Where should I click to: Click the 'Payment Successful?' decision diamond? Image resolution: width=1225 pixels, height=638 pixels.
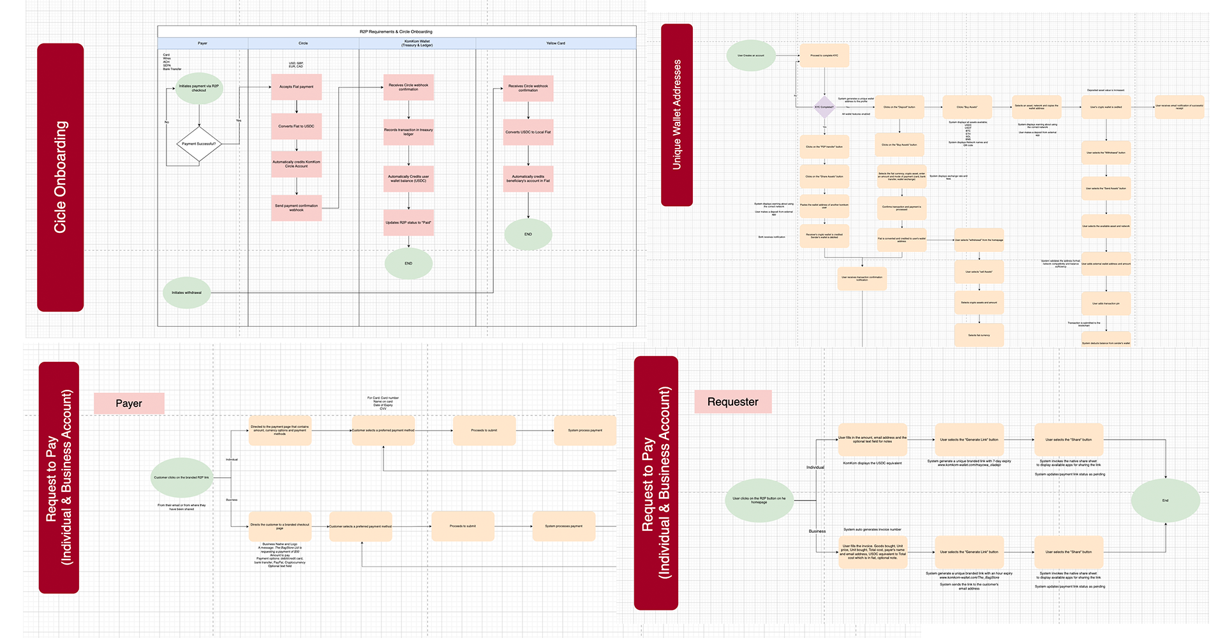[199, 144]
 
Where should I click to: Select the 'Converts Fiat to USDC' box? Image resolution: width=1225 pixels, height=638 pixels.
[296, 126]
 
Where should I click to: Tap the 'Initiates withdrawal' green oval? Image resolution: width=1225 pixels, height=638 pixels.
[186, 293]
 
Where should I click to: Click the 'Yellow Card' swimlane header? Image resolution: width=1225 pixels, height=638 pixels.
[556, 43]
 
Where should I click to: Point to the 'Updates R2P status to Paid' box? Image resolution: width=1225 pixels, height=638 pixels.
[408, 223]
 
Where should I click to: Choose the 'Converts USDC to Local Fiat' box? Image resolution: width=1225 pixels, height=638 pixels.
[528, 132]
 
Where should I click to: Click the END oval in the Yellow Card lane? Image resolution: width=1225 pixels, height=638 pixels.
[528, 234]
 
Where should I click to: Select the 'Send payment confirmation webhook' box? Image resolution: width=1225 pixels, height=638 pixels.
[296, 208]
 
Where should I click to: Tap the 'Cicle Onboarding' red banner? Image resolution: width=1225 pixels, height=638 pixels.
[61, 177]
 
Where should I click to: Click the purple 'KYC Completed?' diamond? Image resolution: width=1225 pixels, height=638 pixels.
[824, 107]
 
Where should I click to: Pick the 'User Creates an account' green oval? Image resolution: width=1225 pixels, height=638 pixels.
[751, 56]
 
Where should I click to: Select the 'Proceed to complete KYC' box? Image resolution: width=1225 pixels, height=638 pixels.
[824, 56]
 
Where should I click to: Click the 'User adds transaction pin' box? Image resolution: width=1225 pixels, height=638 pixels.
[1106, 304]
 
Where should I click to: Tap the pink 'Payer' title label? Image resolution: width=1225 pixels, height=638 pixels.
[129, 403]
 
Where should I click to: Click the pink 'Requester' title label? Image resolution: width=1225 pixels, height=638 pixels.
[732, 402]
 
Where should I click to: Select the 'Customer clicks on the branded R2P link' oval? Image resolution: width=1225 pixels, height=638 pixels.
[182, 477]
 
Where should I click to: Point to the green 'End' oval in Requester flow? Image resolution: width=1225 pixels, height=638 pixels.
[1165, 500]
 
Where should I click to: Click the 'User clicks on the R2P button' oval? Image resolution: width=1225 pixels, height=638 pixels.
[759, 500]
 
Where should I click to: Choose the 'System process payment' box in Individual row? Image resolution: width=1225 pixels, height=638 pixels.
[584, 431]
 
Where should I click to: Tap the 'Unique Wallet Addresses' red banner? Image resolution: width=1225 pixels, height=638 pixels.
[677, 115]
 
